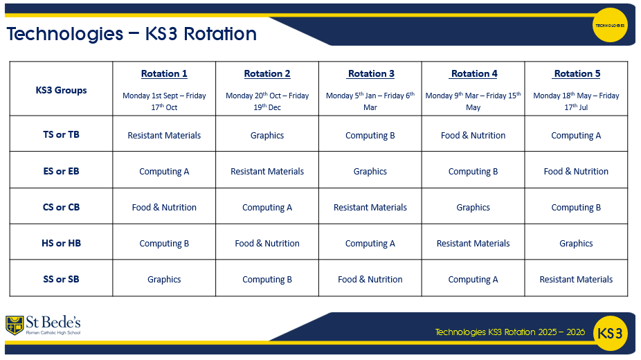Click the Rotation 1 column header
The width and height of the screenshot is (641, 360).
pyautogui.click(x=164, y=73)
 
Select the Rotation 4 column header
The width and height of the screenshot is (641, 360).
pyautogui.click(x=474, y=73)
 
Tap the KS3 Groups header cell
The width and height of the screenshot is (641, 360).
pyautogui.click(x=61, y=90)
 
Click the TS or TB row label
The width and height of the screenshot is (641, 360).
pyautogui.click(x=61, y=134)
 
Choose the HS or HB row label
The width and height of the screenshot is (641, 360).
pyautogui.click(x=61, y=243)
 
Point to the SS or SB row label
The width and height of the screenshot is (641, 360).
pyautogui.click(x=61, y=279)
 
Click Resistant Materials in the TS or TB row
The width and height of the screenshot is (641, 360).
pyautogui.click(x=164, y=136)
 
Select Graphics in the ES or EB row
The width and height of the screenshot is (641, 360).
pyautogui.click(x=370, y=172)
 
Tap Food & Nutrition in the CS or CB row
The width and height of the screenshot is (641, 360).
pyautogui.click(x=164, y=208)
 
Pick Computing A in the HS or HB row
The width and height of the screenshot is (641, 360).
pyautogui.click(x=370, y=244)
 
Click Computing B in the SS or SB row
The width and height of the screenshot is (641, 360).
pyautogui.click(x=267, y=280)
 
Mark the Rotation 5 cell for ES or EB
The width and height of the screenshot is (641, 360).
pyautogui.click(x=576, y=172)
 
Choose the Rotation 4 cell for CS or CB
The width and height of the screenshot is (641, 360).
pyautogui.click(x=473, y=208)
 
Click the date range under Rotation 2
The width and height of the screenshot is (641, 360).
pyautogui.click(x=267, y=101)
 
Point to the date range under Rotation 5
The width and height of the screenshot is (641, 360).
pyautogui.click(x=576, y=101)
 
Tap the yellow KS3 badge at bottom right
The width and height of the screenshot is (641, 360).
pyautogui.click(x=610, y=333)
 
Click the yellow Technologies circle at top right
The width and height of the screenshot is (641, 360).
pyautogui.click(x=610, y=25)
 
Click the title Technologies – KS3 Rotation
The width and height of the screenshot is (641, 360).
pyautogui.click(x=132, y=34)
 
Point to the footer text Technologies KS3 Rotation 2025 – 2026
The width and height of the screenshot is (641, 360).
pyautogui.click(x=510, y=332)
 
